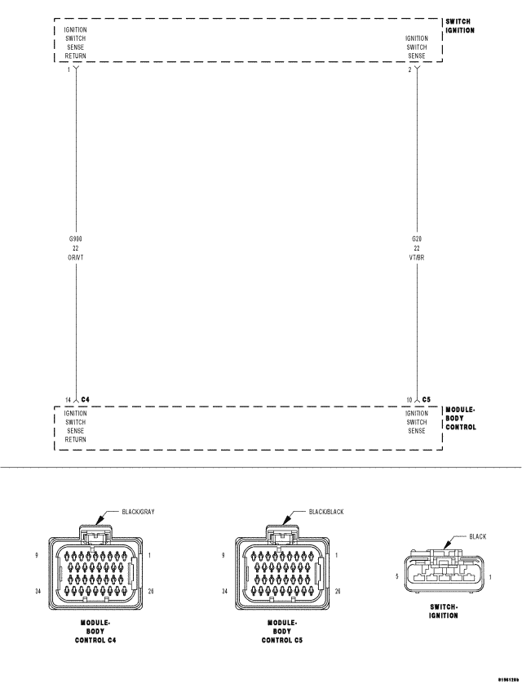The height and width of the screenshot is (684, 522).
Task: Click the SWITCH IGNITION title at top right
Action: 460,25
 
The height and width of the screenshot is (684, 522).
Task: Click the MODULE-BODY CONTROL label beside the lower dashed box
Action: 461,418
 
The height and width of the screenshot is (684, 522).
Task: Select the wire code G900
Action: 76,238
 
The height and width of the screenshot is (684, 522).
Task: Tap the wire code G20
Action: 417,238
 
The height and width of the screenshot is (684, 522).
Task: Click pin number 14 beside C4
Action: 69,400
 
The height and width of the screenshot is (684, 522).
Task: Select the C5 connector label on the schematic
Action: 427,400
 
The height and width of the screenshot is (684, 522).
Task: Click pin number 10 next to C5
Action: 410,400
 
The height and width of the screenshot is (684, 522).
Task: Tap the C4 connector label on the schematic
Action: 85,400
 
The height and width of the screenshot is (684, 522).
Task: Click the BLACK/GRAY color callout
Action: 138,512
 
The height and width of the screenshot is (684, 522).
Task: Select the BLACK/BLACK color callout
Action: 326,512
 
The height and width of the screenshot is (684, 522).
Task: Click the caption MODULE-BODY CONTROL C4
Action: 97,631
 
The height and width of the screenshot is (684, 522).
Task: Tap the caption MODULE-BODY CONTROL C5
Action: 282,631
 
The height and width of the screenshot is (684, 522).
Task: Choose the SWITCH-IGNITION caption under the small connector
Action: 445,611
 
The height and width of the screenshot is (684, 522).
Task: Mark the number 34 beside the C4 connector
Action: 38,590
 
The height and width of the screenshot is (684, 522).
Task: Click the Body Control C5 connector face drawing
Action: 282,571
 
